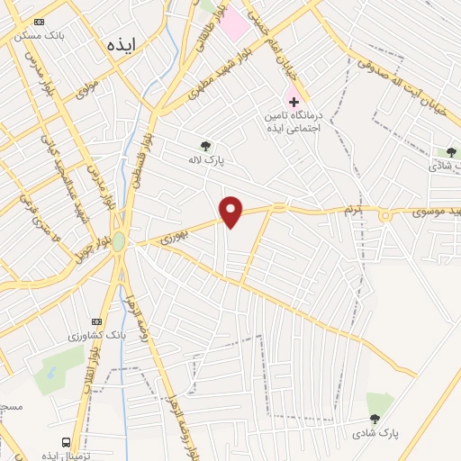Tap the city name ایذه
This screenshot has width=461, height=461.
tap(122, 43)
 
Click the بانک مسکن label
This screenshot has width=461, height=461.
tap(37, 35)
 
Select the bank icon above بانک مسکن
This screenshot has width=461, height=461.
tap(38, 21)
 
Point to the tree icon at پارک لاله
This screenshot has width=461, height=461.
tap(206, 146)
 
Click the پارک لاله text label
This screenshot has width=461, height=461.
tap(205, 160)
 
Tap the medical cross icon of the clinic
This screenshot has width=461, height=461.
tap(293, 101)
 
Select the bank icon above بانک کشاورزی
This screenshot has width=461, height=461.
tap(97, 321)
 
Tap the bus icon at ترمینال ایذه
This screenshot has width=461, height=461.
tap(66, 441)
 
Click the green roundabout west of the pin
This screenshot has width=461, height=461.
tap(119, 241)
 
